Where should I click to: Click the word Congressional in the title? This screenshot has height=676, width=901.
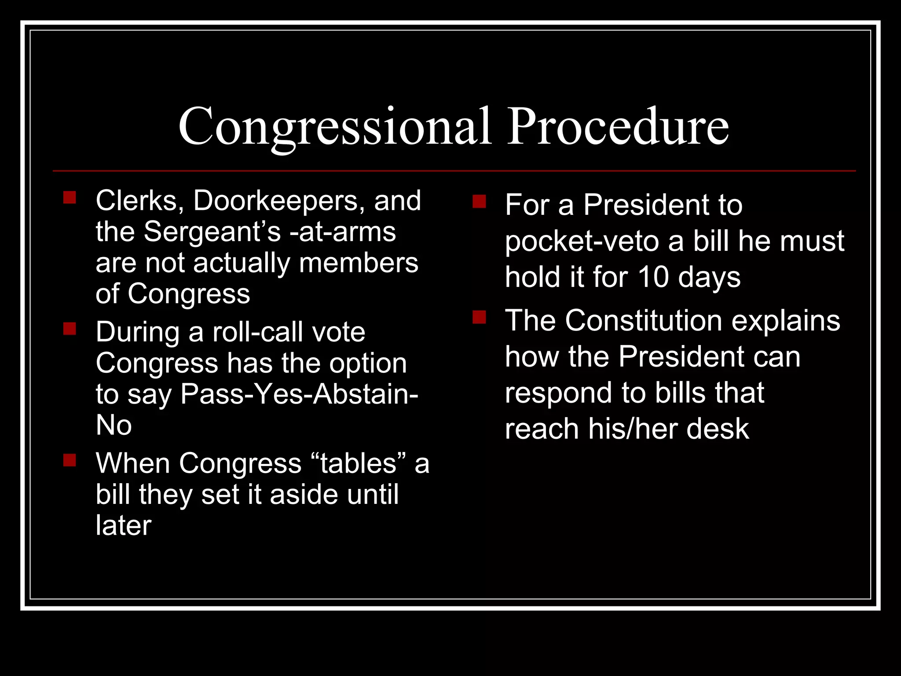(x=334, y=127)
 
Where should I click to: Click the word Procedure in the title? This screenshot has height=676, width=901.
(x=618, y=127)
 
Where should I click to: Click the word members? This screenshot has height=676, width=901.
(x=359, y=263)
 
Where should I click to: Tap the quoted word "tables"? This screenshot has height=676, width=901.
(x=359, y=463)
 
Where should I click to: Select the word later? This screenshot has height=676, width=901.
(x=124, y=525)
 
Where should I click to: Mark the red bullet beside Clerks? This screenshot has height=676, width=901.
(x=70, y=197)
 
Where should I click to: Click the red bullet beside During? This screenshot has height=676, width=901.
(x=70, y=329)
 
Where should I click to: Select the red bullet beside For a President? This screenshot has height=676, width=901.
(x=479, y=202)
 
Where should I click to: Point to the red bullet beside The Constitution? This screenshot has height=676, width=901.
(x=479, y=317)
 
